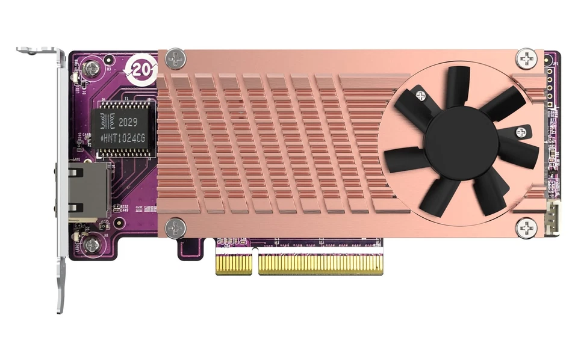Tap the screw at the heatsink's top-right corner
tap(526, 59)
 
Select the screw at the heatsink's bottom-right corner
tap(527, 227)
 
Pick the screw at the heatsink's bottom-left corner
tap(176, 227)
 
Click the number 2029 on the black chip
tap(128, 122)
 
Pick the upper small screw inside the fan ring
tap(420, 96)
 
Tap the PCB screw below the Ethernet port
tap(92, 244)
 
